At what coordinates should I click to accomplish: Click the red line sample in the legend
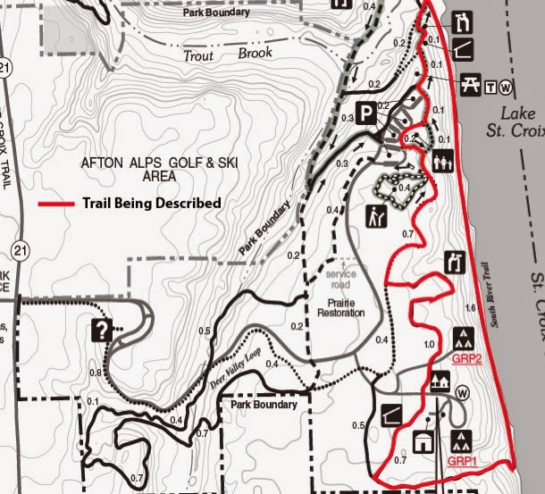pyautogui.click(x=58, y=204)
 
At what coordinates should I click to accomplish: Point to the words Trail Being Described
pyautogui.click(x=151, y=204)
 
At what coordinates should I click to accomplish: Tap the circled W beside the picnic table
pyautogui.click(x=506, y=87)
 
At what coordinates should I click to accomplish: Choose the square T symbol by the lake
pyautogui.click(x=490, y=87)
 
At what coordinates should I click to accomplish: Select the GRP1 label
pyautogui.click(x=461, y=461)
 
